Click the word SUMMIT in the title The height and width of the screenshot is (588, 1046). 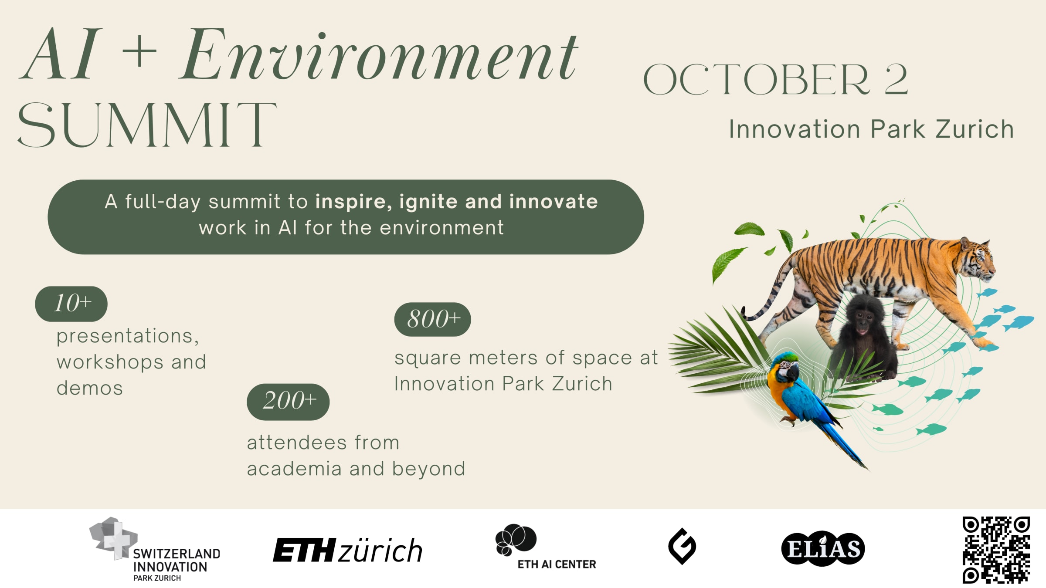pos(147,125)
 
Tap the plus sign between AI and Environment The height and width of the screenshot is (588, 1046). pos(139,52)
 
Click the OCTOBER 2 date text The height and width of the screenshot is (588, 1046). pos(775,79)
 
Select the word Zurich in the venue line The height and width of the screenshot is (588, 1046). pos(975,129)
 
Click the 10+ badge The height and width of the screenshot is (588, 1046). pos(71,304)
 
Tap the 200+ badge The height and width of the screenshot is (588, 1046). pos(288,401)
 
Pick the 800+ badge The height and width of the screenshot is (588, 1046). pos(432,319)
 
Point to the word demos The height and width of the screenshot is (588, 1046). pos(90,388)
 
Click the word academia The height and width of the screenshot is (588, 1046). pos(295,469)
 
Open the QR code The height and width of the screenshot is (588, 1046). pos(996,550)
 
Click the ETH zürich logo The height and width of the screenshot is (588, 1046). pos(347,550)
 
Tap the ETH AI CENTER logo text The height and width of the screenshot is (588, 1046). pos(556,564)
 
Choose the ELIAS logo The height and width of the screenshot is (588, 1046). pos(823,549)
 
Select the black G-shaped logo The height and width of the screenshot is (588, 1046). pos(682,546)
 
